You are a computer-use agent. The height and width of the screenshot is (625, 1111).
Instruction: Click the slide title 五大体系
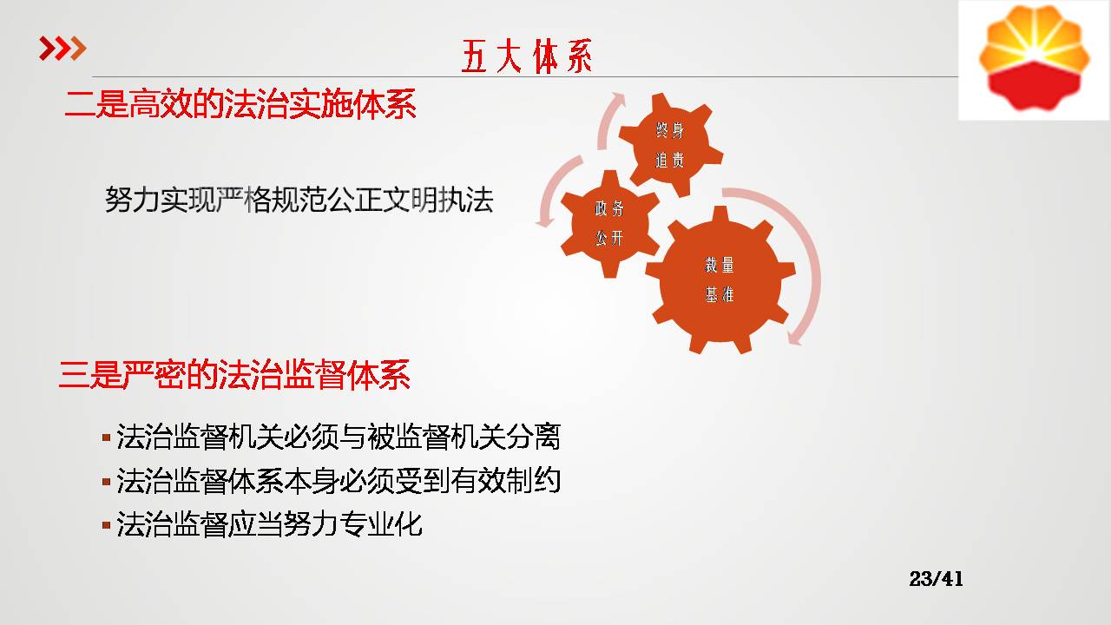[x=527, y=56]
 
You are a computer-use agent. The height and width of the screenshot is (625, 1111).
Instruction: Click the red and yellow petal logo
[x=1034, y=57]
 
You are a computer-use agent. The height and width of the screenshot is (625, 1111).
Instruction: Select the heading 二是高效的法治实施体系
[x=240, y=103]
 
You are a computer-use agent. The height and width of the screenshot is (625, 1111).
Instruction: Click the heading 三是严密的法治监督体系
[x=234, y=374]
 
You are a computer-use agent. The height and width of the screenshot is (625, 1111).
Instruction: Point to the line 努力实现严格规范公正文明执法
[x=299, y=200]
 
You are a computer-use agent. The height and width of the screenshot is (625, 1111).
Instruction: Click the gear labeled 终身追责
[x=671, y=144]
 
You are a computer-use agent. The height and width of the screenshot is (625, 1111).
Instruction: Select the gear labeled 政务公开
[x=610, y=224]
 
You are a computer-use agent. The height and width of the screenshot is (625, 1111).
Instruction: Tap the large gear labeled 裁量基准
[x=720, y=280]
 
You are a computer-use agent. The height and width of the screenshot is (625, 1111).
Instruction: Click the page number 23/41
[x=937, y=579]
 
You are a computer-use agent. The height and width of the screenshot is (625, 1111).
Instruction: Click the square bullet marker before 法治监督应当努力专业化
[x=106, y=525]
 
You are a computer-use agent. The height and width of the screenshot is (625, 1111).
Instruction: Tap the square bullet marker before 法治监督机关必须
[x=106, y=437]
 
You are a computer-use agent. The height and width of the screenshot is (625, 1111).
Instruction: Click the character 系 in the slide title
[x=579, y=56]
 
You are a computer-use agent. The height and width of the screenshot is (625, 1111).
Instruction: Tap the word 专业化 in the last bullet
[x=381, y=524]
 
